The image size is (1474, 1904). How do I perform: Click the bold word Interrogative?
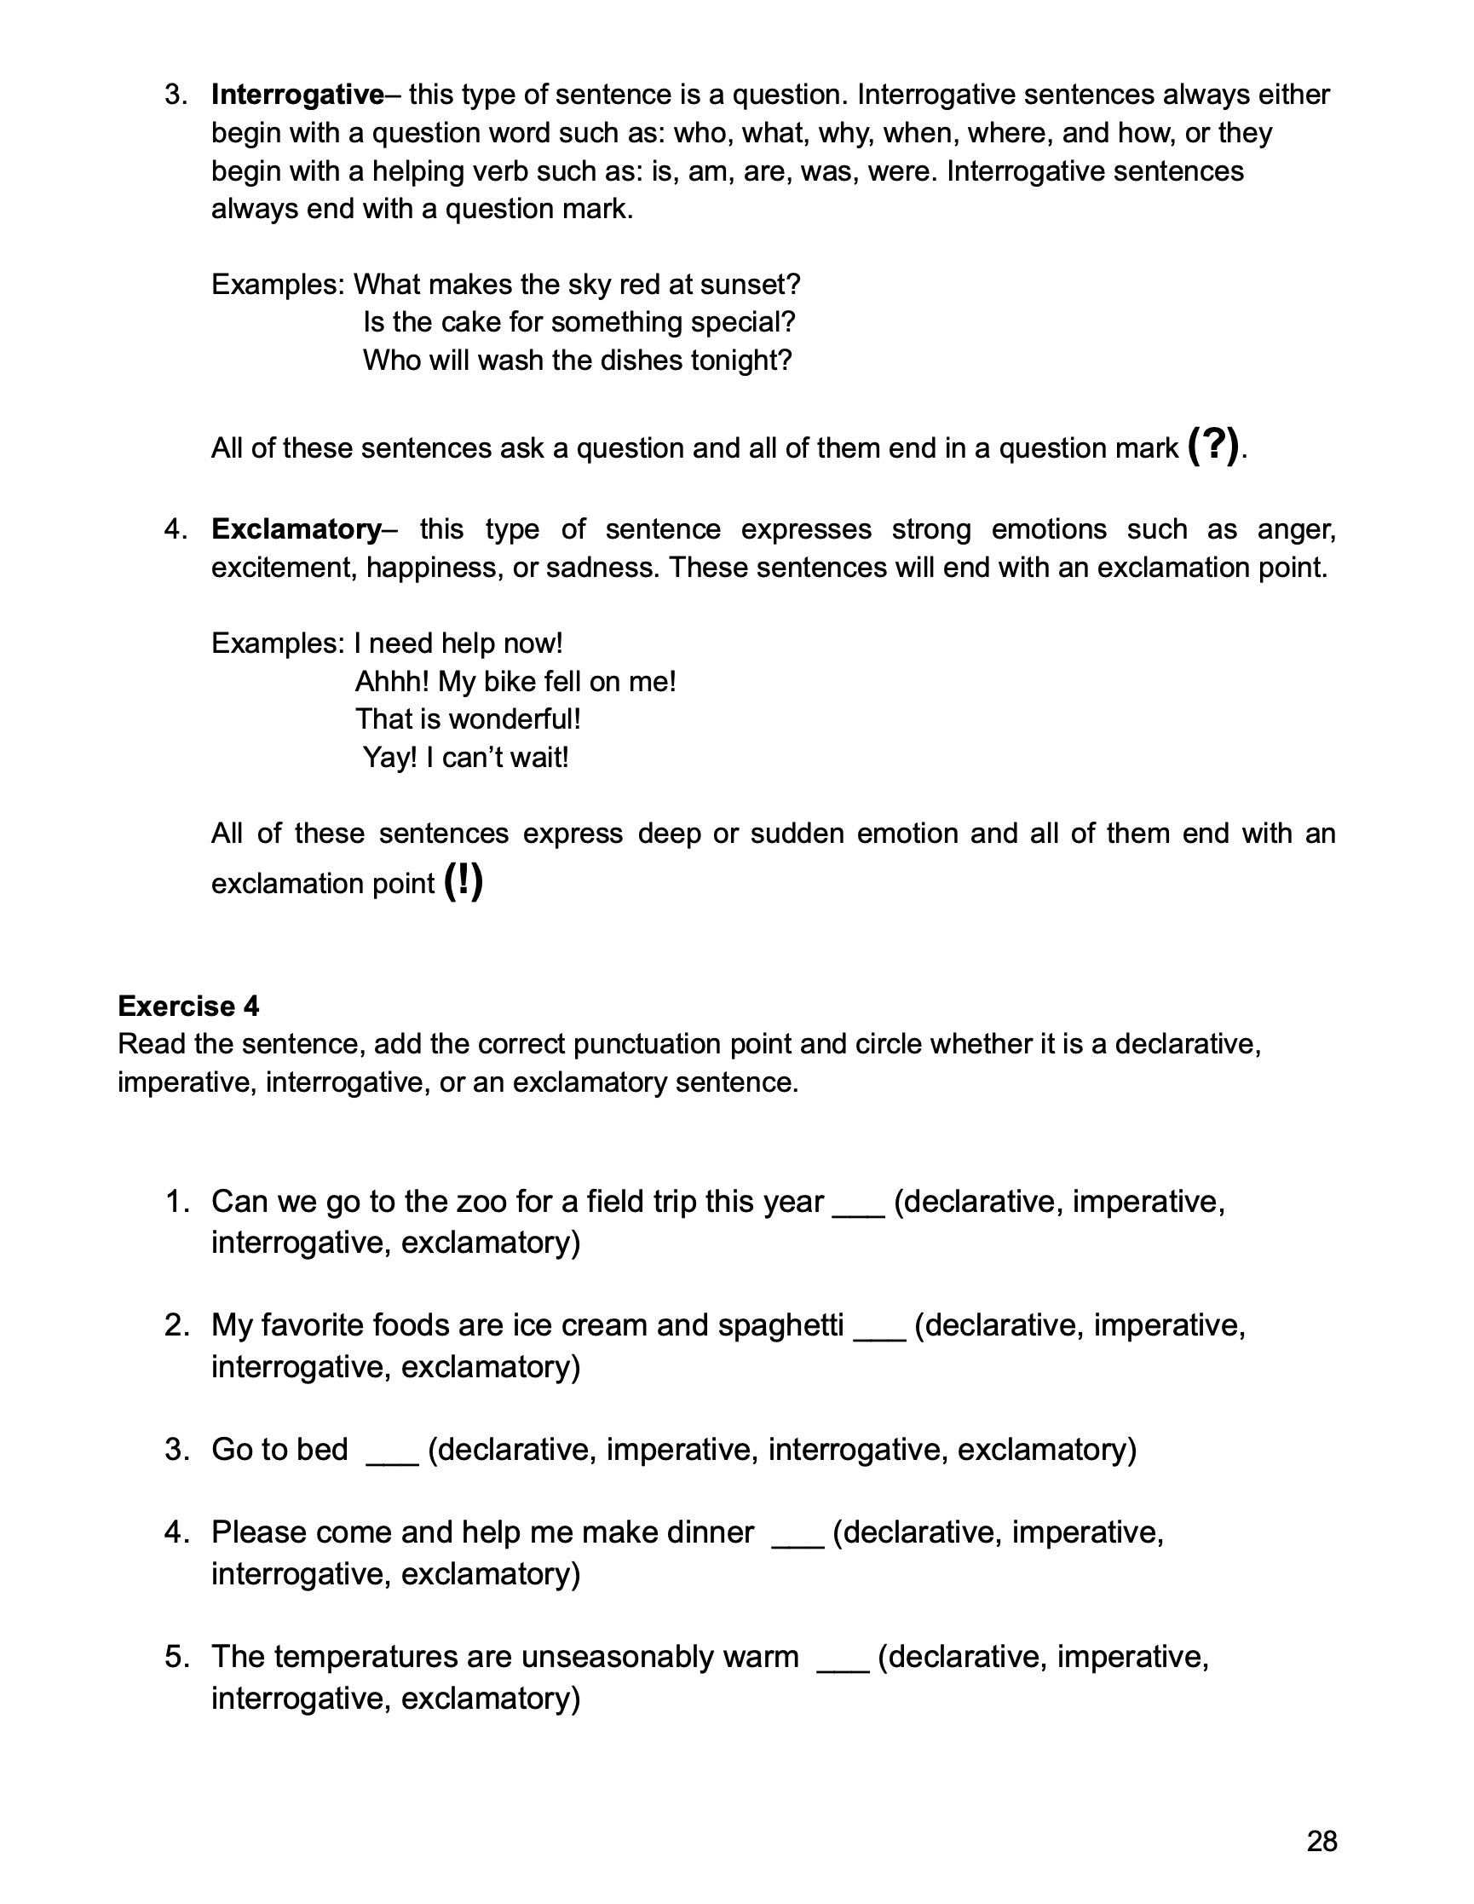pyautogui.click(x=297, y=94)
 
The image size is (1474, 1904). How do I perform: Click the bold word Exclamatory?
pyautogui.click(x=296, y=529)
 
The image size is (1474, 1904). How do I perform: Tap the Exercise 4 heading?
pyautogui.click(x=188, y=1006)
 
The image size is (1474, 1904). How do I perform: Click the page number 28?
pyautogui.click(x=1321, y=1841)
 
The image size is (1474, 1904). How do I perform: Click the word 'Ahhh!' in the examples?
pyautogui.click(x=392, y=681)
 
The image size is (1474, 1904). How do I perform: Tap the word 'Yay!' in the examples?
pyautogui.click(x=389, y=757)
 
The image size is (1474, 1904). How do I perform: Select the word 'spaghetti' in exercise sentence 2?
pyautogui.click(x=781, y=1325)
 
